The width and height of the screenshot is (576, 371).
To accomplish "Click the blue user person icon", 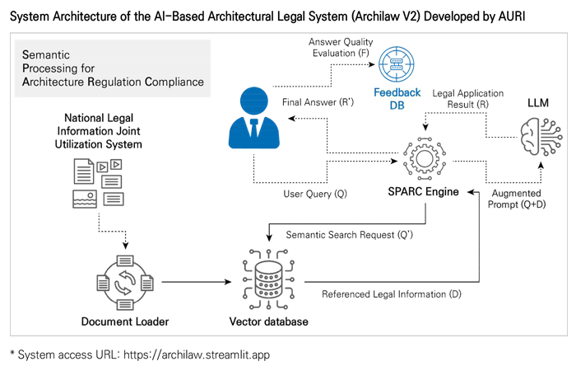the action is (253, 118).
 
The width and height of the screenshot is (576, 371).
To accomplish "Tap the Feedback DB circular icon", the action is (397, 64).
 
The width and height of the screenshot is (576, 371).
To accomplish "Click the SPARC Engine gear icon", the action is (425, 158).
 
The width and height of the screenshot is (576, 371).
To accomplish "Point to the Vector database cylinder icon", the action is (269, 279).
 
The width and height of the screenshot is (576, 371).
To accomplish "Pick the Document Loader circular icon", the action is (125, 283).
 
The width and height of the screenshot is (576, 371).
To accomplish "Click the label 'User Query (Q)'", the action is (315, 194).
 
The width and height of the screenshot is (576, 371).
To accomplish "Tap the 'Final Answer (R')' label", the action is (318, 102).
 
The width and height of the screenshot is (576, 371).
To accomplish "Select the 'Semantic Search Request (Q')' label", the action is (350, 235).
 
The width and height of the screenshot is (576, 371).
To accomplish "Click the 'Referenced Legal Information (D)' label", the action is (392, 294).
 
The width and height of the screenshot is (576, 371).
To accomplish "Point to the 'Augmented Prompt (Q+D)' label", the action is (517, 199).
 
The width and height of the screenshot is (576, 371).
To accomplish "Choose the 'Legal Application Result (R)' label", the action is (467, 99).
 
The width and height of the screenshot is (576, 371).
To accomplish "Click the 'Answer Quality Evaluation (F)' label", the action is (341, 48).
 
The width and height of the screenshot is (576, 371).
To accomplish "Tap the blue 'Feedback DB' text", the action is (397, 99).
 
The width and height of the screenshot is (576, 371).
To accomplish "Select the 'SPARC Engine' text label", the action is (423, 192).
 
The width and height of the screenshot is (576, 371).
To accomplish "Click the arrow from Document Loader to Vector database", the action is (197, 282).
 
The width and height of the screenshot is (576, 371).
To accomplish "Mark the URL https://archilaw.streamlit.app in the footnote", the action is (197, 355).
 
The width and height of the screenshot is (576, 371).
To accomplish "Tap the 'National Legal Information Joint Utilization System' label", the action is (99, 131).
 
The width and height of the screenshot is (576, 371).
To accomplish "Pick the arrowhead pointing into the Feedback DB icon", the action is (372, 64).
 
